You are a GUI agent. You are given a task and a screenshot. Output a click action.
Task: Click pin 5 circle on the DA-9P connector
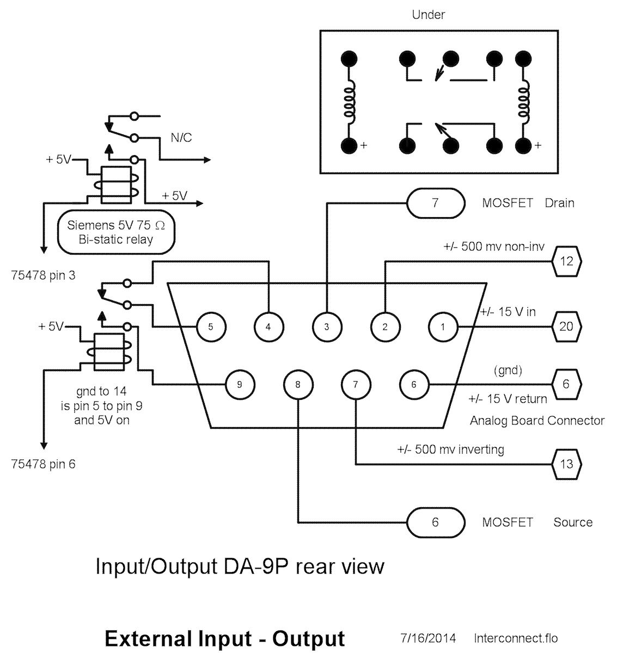tap(210, 327)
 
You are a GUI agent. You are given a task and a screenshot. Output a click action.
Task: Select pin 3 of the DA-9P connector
tap(326, 327)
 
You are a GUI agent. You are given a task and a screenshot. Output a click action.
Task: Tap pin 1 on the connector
tap(443, 327)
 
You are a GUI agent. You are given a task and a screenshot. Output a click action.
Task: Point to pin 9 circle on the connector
tap(240, 384)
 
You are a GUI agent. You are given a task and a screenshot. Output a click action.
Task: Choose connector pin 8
tap(297, 384)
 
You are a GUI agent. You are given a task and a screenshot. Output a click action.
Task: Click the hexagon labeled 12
tap(566, 261)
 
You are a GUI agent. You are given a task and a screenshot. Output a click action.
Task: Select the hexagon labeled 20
tap(566, 326)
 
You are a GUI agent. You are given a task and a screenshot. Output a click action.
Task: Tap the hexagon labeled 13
tap(566, 464)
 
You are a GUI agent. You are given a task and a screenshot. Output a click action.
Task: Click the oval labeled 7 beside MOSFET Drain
tap(435, 203)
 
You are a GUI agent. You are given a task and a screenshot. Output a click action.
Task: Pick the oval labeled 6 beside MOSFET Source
tap(435, 522)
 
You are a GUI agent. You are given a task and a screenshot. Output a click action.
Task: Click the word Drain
tap(559, 203)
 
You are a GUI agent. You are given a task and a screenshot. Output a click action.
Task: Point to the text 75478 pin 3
tap(43, 275)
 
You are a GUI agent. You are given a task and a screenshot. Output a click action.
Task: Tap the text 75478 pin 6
tap(43, 464)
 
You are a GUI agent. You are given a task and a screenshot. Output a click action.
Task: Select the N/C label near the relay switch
tap(181, 138)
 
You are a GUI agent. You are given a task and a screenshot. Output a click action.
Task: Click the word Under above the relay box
tap(428, 15)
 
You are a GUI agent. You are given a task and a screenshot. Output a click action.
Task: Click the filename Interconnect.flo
tap(516, 638)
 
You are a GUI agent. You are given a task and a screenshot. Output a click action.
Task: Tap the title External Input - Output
tap(224, 638)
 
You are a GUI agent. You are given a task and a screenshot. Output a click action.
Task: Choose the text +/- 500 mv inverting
tap(450, 449)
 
